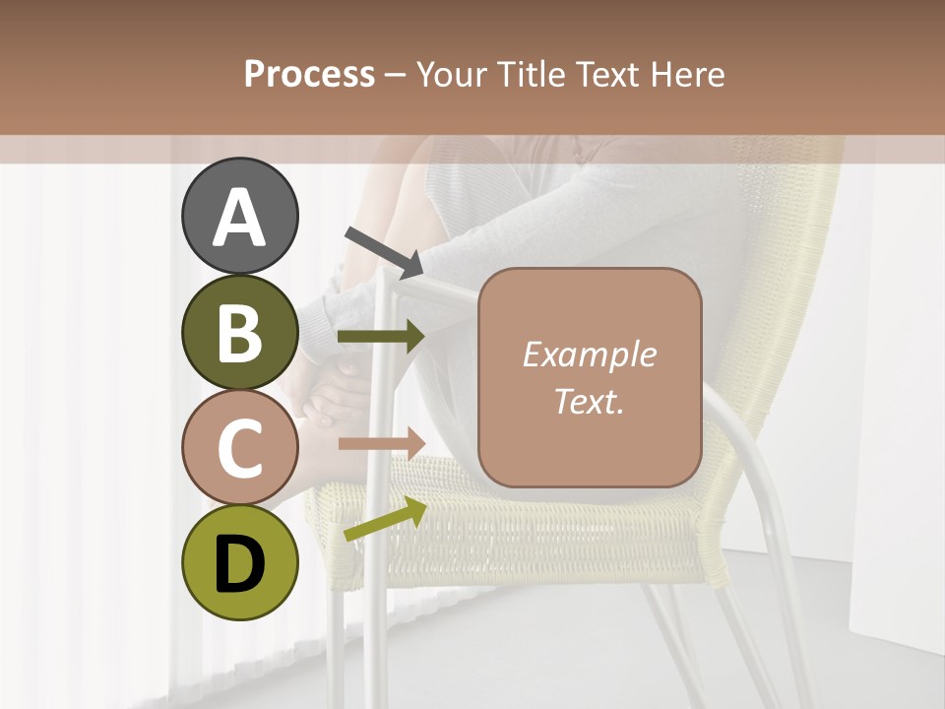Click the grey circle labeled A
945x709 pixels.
pyautogui.click(x=240, y=216)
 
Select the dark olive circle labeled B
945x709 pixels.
pyautogui.click(x=240, y=333)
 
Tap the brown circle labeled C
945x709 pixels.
pyautogui.click(x=240, y=448)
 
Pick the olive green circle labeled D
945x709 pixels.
pyautogui.click(x=240, y=563)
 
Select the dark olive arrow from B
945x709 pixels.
pyautogui.click(x=381, y=337)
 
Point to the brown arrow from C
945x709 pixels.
pyautogui.click(x=381, y=442)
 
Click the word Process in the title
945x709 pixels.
pyautogui.click(x=309, y=74)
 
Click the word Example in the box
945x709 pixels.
pyautogui.click(x=589, y=354)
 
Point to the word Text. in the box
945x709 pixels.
pyautogui.click(x=589, y=401)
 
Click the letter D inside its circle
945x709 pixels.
pyautogui.click(x=240, y=565)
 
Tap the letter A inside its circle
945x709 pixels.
pyautogui.click(x=240, y=218)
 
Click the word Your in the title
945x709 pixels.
pyautogui.click(x=451, y=74)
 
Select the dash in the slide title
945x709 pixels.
pyautogui.click(x=395, y=76)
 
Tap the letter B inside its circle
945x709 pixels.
pyautogui.click(x=240, y=334)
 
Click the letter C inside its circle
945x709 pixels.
pyautogui.click(x=240, y=449)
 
